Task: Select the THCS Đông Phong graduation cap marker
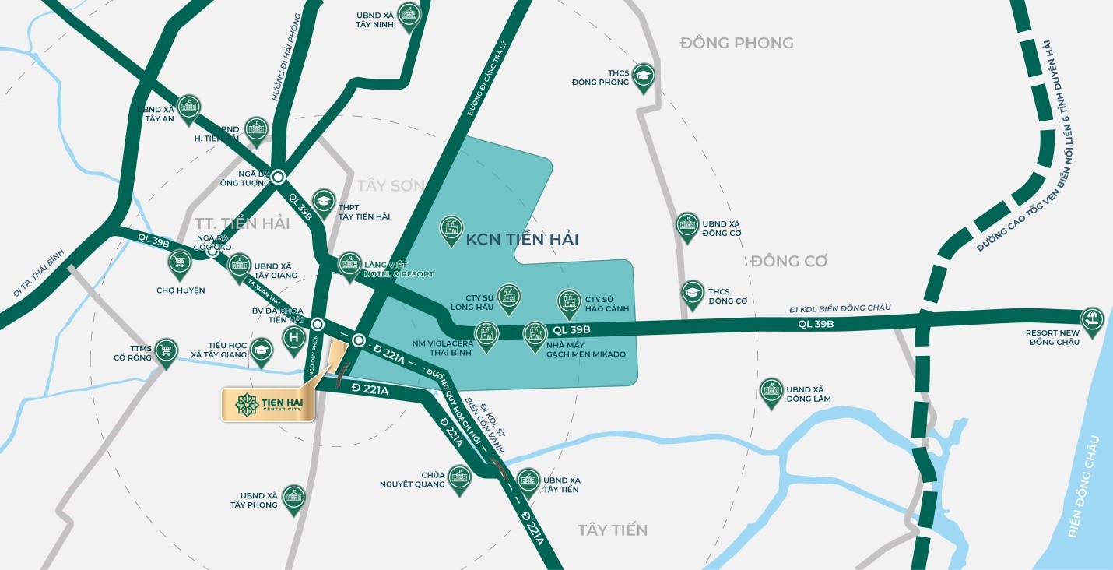click(x=643, y=76)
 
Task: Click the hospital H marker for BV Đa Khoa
click(x=293, y=338)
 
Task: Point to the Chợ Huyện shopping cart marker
click(x=180, y=262)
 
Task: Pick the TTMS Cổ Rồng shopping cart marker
click(x=165, y=350)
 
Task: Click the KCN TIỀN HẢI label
click(x=521, y=239)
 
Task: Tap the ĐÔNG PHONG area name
click(x=736, y=43)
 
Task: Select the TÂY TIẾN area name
click(x=613, y=530)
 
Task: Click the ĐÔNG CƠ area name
click(x=788, y=261)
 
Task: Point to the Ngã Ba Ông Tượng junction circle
click(x=278, y=177)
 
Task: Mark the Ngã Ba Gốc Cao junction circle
click(x=212, y=252)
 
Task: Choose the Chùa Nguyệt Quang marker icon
click(x=459, y=477)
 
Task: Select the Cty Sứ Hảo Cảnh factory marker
click(x=569, y=301)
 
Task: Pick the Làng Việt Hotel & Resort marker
click(x=349, y=264)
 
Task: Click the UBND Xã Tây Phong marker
click(x=293, y=498)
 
